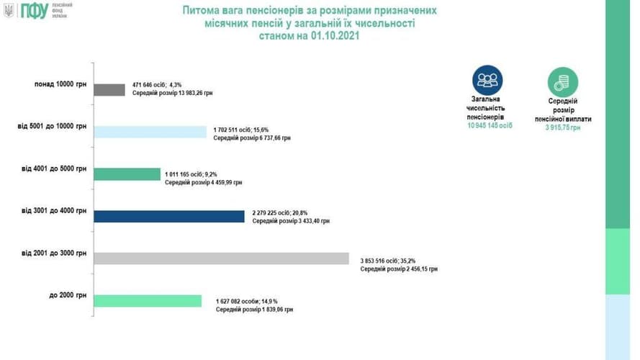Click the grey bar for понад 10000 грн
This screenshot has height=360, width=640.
tap(109, 90)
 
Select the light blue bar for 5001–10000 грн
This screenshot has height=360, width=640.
tap(150, 132)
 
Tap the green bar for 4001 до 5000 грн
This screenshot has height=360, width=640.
tap(127, 174)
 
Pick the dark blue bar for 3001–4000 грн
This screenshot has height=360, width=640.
tap(169, 216)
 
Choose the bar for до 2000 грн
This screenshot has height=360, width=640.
tap(148, 300)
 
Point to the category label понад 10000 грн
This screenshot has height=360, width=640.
tap(60, 84)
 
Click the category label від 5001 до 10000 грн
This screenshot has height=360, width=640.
tap(53, 126)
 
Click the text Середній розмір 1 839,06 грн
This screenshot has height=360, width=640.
tap(255, 308)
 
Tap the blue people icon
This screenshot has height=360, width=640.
tap(487, 80)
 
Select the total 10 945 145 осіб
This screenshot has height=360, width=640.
tap(487, 125)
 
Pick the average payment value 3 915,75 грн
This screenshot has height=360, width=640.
tap(562, 127)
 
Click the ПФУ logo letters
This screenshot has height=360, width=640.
tap(35, 11)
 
